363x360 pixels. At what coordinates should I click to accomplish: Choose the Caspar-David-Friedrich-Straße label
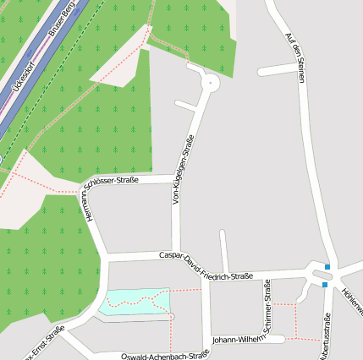206,267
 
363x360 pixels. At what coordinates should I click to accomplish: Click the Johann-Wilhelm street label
238,338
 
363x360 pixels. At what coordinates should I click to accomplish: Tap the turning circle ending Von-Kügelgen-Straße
210,82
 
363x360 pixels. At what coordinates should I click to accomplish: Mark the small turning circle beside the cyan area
171,316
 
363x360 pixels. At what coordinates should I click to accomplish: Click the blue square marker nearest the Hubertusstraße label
324,285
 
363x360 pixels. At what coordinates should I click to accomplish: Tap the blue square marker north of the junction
327,268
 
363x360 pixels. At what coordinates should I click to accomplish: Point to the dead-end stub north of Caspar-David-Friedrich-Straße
223,250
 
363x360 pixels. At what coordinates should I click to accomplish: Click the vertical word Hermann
85,208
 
